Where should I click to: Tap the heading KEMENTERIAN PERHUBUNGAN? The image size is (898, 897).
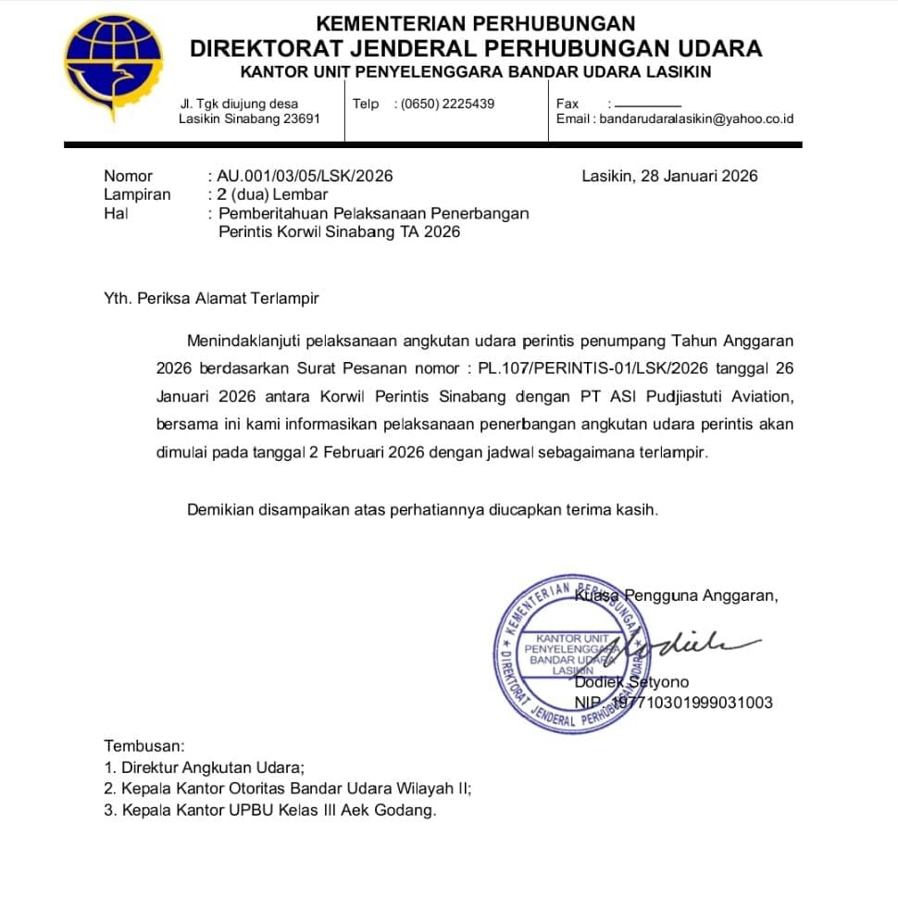coord(475,24)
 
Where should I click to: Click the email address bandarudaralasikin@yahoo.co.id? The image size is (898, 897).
coord(696,118)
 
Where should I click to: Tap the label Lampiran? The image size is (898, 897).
coord(137,194)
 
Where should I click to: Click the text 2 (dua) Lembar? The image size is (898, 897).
coord(272,194)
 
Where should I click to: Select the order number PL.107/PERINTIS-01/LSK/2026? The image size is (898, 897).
coord(593,368)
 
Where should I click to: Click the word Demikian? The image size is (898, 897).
coord(221,509)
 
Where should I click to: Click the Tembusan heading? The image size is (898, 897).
coord(144,745)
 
